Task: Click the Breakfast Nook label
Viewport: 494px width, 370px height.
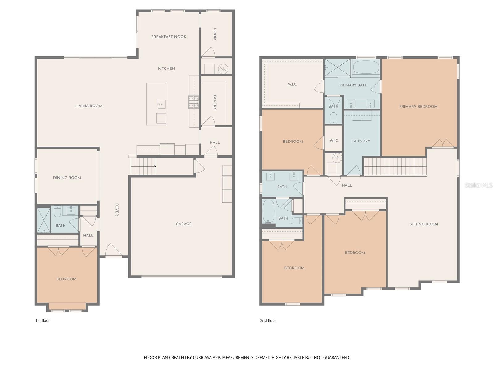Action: pyautogui.click(x=169, y=37)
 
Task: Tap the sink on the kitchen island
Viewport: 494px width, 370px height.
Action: pyautogui.click(x=161, y=104)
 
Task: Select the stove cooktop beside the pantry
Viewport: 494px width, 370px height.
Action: pyautogui.click(x=194, y=102)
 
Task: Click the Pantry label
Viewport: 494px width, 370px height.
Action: pyautogui.click(x=215, y=102)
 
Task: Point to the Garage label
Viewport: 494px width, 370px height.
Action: pyautogui.click(x=184, y=224)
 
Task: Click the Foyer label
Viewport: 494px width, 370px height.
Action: pyautogui.click(x=117, y=209)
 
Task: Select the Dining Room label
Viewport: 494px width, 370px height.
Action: pyautogui.click(x=67, y=178)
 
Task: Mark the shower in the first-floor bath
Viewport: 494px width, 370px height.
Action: pyautogui.click(x=44, y=220)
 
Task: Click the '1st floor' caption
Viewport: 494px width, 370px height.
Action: pyautogui.click(x=42, y=320)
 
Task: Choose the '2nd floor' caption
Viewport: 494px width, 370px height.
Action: pyautogui.click(x=268, y=320)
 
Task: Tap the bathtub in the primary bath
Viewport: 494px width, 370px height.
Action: pyautogui.click(x=366, y=67)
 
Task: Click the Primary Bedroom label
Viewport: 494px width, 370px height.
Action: pyautogui.click(x=418, y=107)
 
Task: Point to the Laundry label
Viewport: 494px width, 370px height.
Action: pyautogui.click(x=361, y=141)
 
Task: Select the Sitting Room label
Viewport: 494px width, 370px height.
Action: pyautogui.click(x=424, y=224)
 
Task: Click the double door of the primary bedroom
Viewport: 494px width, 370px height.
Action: pyautogui.click(x=443, y=143)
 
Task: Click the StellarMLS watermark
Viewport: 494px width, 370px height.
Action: pyautogui.click(x=478, y=185)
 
